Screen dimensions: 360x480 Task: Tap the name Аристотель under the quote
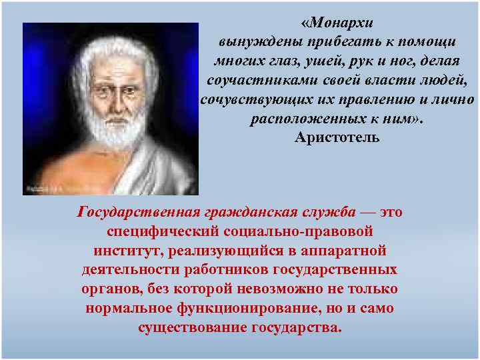[337, 138]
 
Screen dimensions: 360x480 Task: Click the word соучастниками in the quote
[247, 80]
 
